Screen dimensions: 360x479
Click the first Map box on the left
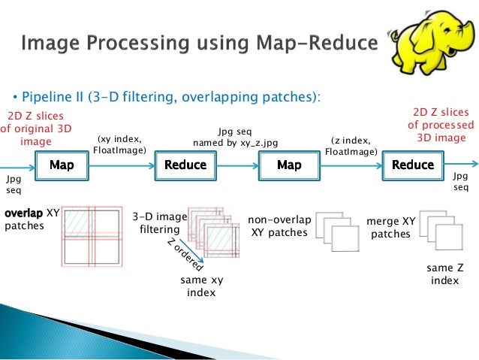[61, 164]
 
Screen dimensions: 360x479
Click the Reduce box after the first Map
[185, 164]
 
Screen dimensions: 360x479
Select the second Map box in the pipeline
[289, 164]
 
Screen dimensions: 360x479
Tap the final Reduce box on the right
[413, 164]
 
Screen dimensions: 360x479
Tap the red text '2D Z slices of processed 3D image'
[441, 125]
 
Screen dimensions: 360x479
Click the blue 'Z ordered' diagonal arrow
[182, 258]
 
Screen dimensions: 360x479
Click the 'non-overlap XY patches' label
[279, 226]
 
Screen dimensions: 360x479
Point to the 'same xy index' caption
[202, 286]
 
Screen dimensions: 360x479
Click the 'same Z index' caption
[445, 274]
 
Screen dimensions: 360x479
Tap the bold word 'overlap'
[23, 213]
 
